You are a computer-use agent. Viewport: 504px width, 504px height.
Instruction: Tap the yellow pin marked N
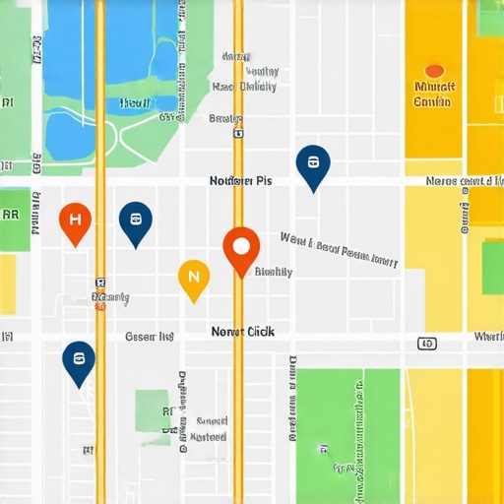point(193,278)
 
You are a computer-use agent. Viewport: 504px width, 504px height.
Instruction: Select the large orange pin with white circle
point(241,248)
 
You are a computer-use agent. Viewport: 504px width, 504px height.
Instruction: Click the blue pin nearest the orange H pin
point(135,221)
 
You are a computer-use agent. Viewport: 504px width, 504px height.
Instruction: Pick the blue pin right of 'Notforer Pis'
point(313,165)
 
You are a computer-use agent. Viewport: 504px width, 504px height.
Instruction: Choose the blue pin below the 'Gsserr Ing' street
point(78,361)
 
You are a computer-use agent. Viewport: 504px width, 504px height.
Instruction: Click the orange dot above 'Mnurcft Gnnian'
point(433,71)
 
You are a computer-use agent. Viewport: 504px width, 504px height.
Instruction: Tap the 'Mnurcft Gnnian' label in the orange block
point(433,94)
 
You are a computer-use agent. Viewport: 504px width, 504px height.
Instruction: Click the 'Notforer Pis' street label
point(240,181)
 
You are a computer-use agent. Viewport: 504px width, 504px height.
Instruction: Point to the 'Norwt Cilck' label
point(243,333)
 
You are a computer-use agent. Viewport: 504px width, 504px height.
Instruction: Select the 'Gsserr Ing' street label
point(150,337)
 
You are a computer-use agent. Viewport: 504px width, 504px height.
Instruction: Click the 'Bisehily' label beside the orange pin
point(273,272)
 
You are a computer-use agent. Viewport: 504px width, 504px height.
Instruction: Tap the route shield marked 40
point(426,344)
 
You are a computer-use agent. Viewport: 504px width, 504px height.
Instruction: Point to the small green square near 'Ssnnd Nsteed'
point(153,408)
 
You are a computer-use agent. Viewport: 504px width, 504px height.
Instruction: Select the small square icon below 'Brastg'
point(237,132)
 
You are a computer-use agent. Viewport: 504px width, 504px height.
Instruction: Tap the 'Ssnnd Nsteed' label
point(208,428)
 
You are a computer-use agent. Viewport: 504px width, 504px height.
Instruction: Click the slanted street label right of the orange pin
point(339,250)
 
